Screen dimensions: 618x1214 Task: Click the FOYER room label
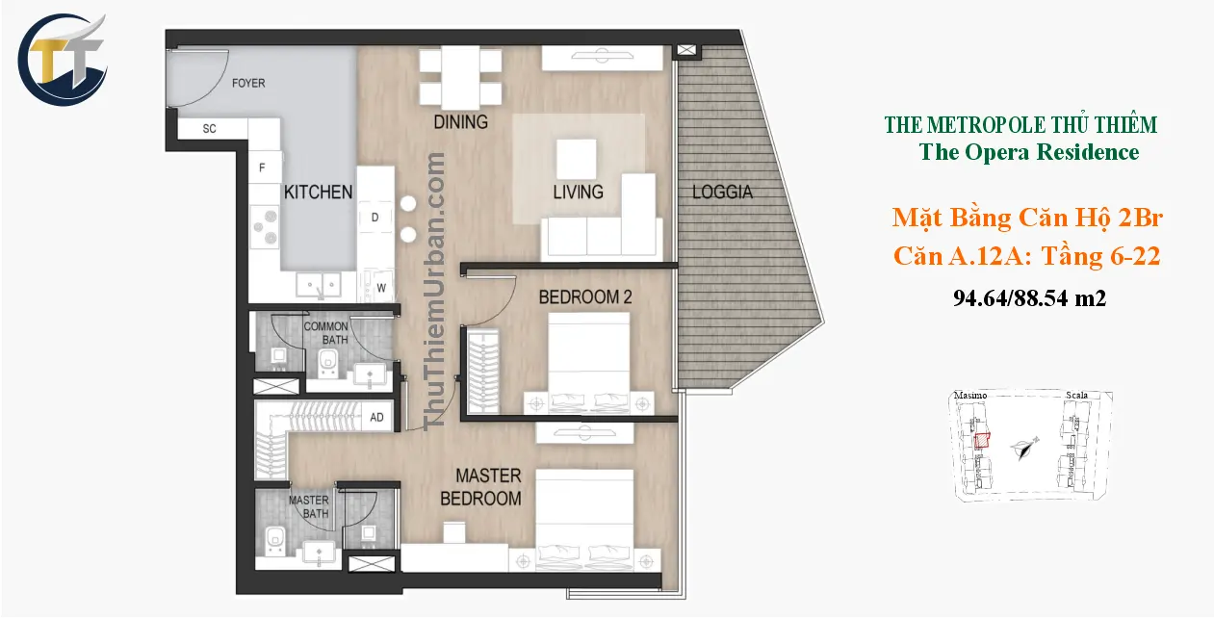point(248,83)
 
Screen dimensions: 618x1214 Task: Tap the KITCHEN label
point(318,192)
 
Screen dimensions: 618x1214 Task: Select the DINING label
point(460,122)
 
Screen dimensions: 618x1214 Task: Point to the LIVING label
point(578,192)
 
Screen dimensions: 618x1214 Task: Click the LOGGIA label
point(722,193)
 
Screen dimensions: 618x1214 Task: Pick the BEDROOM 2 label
point(584,297)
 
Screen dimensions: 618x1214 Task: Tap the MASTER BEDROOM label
point(481,487)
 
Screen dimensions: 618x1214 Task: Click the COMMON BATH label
point(326,333)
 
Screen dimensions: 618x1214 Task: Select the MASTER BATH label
point(309,506)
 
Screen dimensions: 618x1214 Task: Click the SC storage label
point(209,129)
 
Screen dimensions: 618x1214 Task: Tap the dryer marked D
point(375,218)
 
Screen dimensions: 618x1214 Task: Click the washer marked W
point(380,287)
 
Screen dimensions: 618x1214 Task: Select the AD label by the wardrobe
point(377,418)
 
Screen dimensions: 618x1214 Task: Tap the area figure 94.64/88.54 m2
point(1028,299)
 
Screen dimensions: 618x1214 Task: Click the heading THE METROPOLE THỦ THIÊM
point(1020,125)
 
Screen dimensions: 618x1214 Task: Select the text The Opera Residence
point(1028,152)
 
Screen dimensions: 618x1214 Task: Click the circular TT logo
point(64,59)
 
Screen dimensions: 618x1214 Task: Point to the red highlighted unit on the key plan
point(982,441)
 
